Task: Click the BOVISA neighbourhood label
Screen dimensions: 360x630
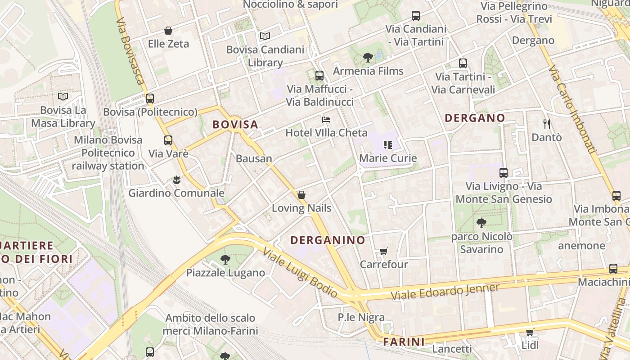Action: [x=235, y=125]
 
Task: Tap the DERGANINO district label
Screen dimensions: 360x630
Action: [x=328, y=240]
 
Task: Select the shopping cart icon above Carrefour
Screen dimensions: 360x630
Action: [x=383, y=251]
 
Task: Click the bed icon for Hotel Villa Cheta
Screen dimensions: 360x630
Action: [x=327, y=120]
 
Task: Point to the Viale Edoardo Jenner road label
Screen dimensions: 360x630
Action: [x=445, y=292]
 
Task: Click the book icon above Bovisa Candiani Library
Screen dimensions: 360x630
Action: [x=265, y=36]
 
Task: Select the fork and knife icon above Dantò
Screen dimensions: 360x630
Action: [x=547, y=124]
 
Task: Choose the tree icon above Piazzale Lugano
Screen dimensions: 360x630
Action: [x=225, y=259]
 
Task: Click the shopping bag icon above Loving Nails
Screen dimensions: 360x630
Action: [x=301, y=195]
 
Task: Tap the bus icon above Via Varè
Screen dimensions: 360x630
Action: [x=168, y=140]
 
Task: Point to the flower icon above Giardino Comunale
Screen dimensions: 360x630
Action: [x=176, y=180]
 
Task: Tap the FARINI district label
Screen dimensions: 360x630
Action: [x=404, y=342]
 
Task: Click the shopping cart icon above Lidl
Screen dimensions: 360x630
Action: [x=530, y=332]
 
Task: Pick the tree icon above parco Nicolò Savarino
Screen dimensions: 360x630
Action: [x=481, y=223]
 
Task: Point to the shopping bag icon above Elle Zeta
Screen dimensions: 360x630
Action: [x=168, y=31]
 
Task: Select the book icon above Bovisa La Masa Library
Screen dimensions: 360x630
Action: [x=63, y=96]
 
